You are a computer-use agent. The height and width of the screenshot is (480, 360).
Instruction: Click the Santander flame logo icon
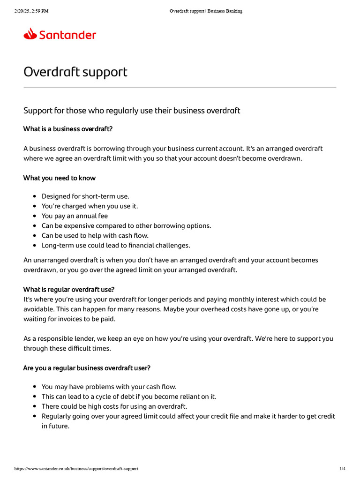tap(30, 34)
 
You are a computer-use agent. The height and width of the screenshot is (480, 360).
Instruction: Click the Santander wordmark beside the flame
tap(67, 35)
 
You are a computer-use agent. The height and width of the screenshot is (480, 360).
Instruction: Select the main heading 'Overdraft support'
tap(75, 72)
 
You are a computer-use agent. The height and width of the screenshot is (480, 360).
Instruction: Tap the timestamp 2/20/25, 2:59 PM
tap(31, 11)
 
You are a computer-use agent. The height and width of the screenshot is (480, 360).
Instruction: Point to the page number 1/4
tap(342, 469)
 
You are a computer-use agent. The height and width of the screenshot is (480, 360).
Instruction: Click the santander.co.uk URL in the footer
tap(76, 469)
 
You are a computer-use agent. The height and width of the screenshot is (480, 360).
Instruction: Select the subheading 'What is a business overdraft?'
tap(68, 129)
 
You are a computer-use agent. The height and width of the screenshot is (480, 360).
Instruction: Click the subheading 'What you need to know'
tap(60, 178)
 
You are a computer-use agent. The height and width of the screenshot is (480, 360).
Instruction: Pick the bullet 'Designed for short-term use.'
tap(85, 196)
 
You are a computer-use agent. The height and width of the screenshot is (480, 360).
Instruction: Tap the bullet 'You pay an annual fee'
tap(75, 216)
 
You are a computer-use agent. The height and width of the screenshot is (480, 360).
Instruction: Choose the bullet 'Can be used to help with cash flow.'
tap(95, 236)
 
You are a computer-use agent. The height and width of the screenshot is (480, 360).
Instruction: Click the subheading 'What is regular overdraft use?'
tap(69, 289)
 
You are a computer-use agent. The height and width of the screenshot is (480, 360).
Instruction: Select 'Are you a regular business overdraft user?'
tap(87, 368)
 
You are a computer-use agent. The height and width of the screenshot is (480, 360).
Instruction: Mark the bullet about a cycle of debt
tap(129, 397)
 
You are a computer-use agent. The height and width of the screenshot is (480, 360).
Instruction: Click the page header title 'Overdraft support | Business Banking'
tap(206, 11)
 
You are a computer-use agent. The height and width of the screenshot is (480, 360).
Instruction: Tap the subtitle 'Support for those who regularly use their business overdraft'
tap(132, 111)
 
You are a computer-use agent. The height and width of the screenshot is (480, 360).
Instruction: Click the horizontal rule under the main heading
tap(180, 87)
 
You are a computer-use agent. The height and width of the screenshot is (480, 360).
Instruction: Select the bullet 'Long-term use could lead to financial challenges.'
tap(116, 245)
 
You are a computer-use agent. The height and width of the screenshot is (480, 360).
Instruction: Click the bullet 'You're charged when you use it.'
tap(90, 206)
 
